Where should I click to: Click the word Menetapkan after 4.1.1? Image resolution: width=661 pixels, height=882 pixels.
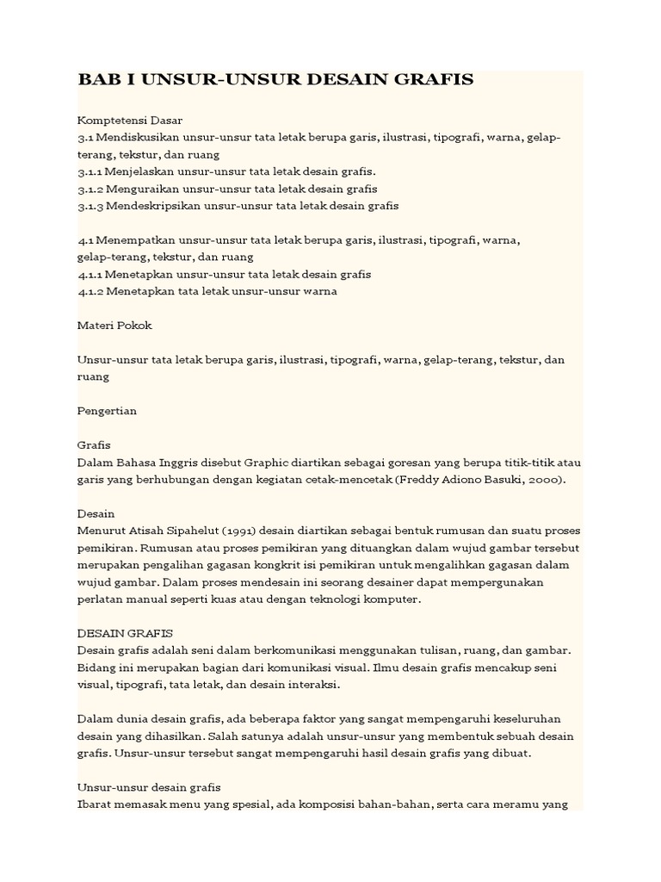point(141,274)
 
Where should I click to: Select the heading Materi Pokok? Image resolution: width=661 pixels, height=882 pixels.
point(114,326)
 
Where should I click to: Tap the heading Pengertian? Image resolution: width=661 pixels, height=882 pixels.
point(108,411)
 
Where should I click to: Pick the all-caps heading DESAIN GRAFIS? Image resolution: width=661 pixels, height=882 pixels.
point(125,633)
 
